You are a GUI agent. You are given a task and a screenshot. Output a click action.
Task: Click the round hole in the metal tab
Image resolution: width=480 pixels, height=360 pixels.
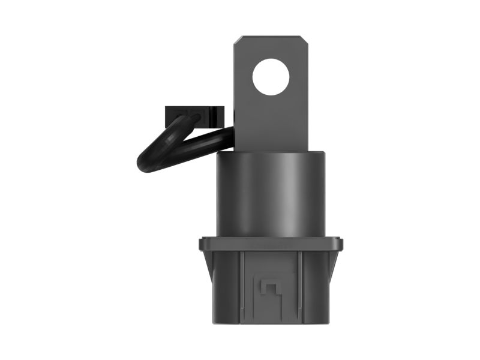point(271,77)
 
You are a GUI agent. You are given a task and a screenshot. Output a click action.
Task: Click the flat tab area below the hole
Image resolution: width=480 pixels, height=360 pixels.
point(271,123)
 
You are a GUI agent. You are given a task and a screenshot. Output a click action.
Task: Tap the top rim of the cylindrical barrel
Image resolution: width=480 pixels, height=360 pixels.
point(271,153)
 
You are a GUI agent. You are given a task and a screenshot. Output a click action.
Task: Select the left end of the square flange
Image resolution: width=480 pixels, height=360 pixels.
point(202,244)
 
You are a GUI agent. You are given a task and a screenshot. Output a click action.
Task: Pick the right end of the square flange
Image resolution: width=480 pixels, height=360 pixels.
point(340,244)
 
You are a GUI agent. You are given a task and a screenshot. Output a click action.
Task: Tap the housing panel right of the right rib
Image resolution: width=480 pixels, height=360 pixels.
point(314,285)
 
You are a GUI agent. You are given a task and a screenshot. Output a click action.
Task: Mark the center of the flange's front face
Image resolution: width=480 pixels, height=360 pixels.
point(271,244)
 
